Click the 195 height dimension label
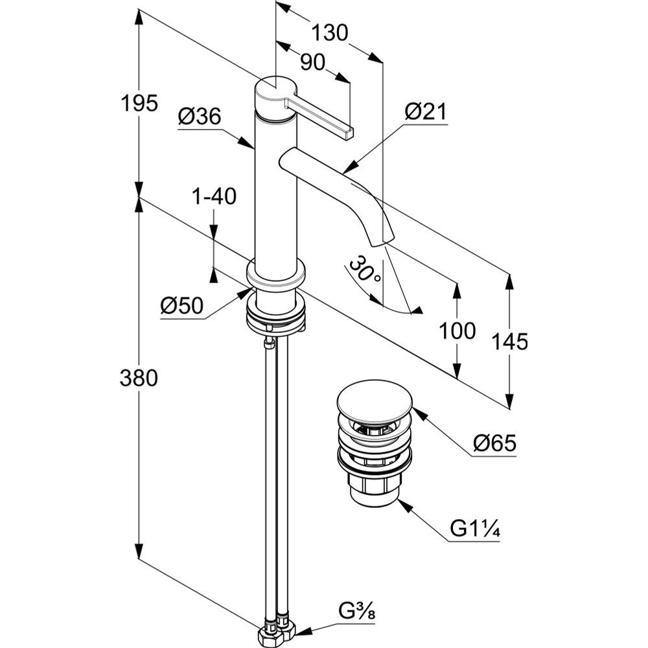coord(139,102)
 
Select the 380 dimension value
coord(139,378)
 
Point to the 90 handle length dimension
coord(312,62)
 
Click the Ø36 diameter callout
coord(199,117)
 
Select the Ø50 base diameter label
coord(182,305)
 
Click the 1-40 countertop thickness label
coord(214,196)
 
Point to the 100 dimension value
coord(457,331)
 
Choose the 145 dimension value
coord(509,341)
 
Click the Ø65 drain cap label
coord(494,444)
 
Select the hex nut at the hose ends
coord(275,633)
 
